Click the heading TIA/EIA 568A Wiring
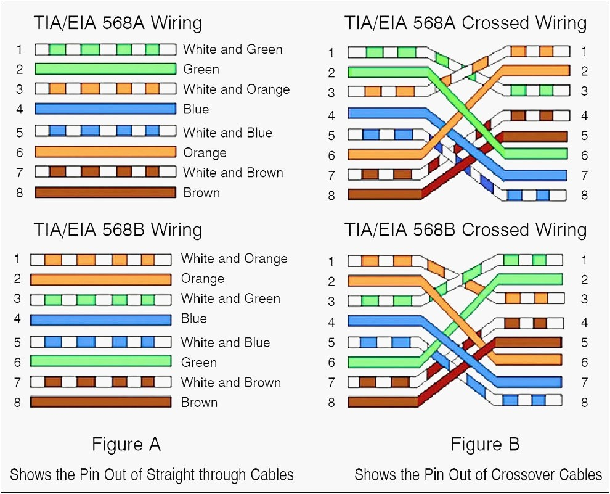click(x=118, y=23)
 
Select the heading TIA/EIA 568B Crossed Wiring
click(x=465, y=230)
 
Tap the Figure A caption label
click(x=126, y=444)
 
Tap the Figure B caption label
click(x=485, y=444)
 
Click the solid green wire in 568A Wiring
click(x=105, y=69)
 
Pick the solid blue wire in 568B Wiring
click(x=100, y=319)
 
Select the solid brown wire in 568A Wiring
click(x=105, y=192)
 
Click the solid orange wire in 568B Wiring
click(x=100, y=279)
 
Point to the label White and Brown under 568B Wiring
click(x=230, y=382)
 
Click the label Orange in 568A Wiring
click(x=205, y=152)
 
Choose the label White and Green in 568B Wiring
click(x=230, y=298)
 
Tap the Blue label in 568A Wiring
click(x=196, y=109)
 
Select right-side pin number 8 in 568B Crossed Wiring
click(x=584, y=402)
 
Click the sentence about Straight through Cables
click(x=152, y=474)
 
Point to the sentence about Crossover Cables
click(x=478, y=474)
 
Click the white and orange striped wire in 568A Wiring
click(x=105, y=89)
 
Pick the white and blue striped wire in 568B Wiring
click(x=100, y=342)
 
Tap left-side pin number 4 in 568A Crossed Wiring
click(x=331, y=115)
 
